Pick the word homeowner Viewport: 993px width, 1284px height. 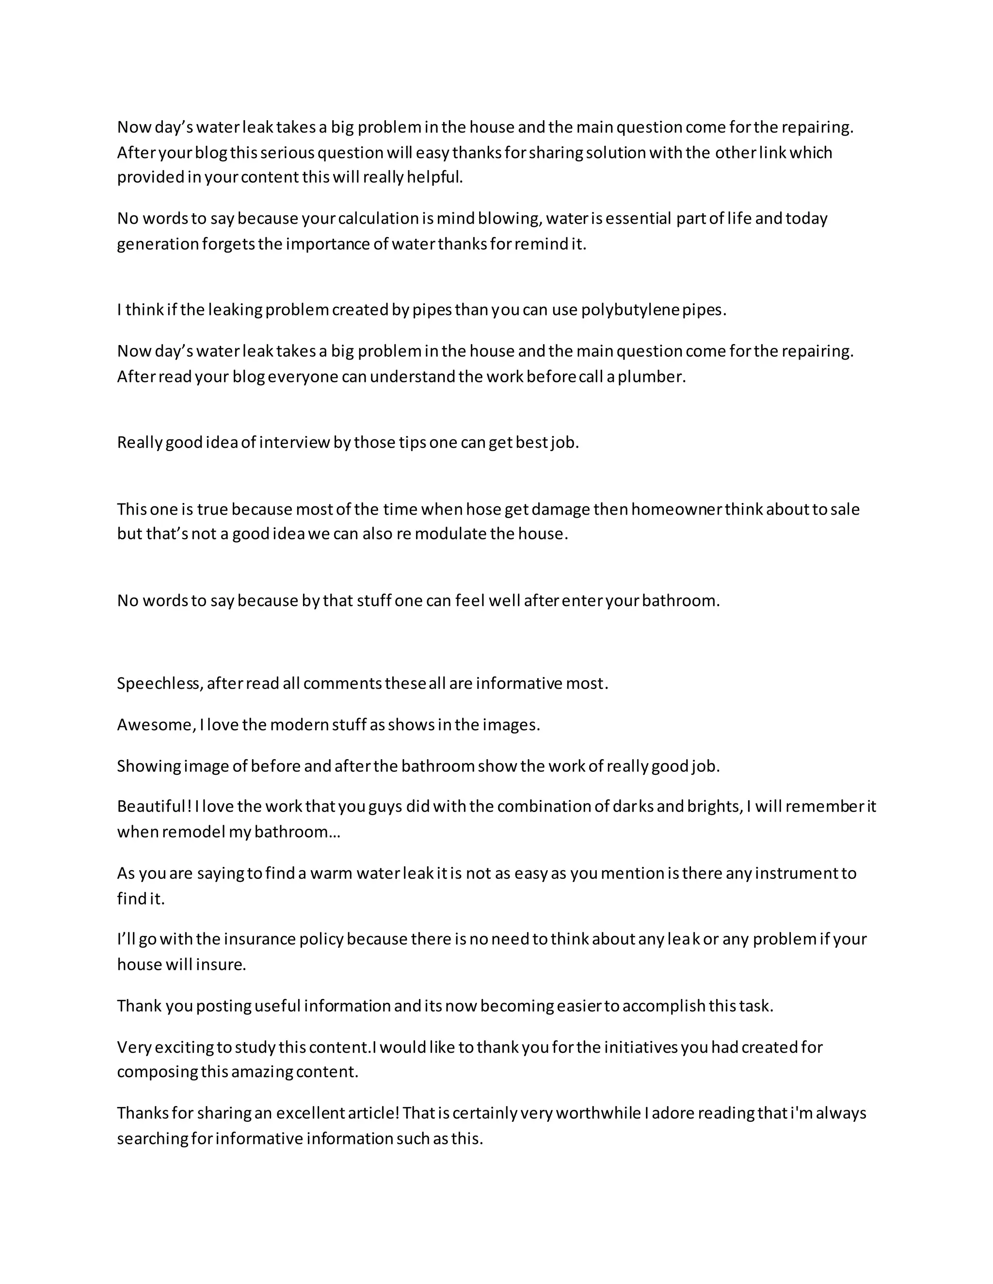coord(676,509)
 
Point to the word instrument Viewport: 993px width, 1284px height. coord(796,873)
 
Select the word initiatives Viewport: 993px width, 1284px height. coord(641,1047)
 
